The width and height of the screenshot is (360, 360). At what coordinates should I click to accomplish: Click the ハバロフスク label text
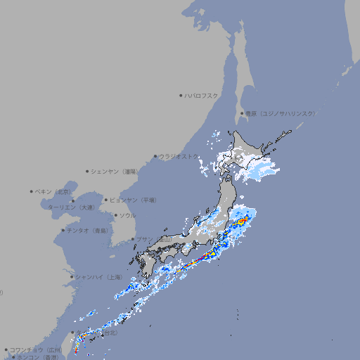202,95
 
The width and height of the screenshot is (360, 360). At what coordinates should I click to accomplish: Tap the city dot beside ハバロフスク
181,95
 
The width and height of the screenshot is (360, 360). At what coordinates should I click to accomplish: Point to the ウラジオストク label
179,157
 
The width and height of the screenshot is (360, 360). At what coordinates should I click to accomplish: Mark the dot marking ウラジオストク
155,157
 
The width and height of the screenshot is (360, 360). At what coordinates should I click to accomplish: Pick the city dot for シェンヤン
87,171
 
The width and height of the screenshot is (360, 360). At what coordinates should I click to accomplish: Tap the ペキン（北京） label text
54,191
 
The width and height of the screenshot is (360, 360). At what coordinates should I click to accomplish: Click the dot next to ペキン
32,191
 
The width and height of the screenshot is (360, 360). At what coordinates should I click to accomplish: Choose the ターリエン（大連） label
70,207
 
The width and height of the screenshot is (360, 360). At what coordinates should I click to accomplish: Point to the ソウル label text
127,215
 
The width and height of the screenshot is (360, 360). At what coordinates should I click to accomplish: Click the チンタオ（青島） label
88,230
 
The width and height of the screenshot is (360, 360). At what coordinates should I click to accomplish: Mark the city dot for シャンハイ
72,277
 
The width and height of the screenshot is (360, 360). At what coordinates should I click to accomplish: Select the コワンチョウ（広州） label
36,349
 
